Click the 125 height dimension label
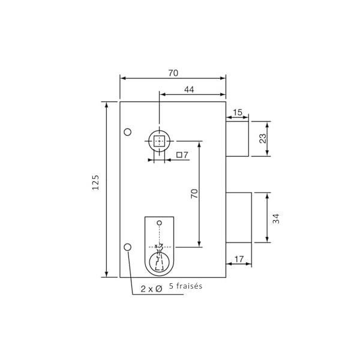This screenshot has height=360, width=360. [96, 182]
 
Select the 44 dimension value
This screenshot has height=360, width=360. [189, 89]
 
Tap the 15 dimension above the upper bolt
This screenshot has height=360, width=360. [238, 112]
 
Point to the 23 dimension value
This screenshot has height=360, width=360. [263, 138]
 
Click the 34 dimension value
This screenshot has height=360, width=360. [277, 218]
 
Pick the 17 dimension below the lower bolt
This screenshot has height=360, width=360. [239, 259]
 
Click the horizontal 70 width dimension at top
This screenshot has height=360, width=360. [173, 73]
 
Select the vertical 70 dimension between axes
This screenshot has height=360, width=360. [194, 194]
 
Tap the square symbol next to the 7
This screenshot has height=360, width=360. [179, 155]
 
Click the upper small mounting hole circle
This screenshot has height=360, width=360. [127, 132]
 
